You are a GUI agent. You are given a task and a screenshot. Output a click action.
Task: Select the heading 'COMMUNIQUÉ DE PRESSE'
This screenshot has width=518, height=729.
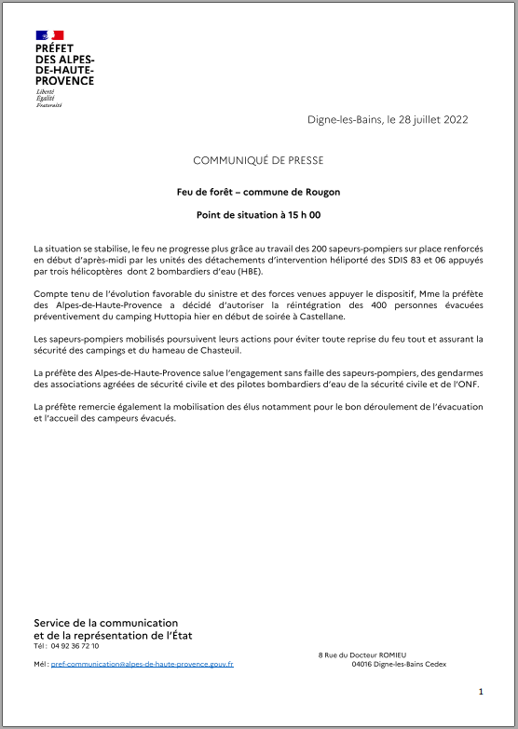click(x=258, y=160)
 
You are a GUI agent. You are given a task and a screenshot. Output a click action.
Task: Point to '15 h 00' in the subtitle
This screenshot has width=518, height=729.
click(x=302, y=215)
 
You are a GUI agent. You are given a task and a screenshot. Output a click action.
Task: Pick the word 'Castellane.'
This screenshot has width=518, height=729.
click(x=293, y=317)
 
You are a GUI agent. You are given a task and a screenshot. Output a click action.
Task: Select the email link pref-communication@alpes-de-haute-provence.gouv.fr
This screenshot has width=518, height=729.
click(x=142, y=664)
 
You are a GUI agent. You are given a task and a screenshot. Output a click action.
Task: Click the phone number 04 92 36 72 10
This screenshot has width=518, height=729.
click(x=75, y=645)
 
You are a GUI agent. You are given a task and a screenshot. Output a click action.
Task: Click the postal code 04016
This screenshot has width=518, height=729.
click(x=364, y=664)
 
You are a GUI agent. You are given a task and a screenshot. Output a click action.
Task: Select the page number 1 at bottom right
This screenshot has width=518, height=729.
click(x=481, y=692)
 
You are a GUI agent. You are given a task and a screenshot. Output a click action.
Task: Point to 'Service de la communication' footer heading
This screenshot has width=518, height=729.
click(x=105, y=623)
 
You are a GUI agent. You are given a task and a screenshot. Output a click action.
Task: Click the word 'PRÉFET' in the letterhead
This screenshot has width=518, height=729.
click(x=55, y=47)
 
